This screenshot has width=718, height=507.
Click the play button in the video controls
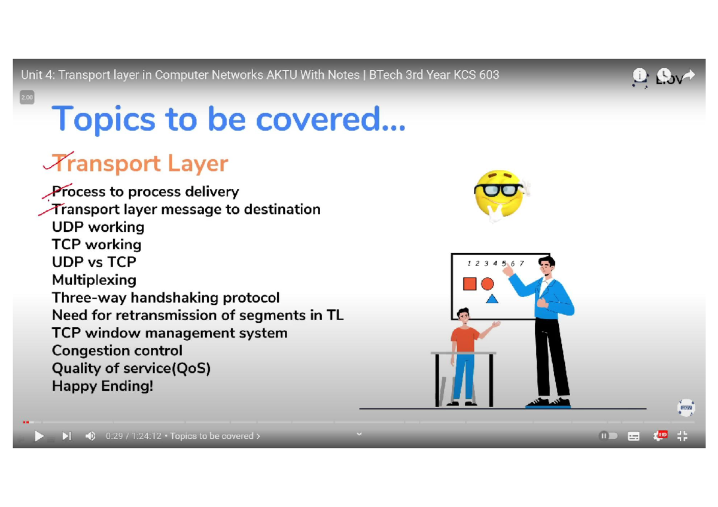[x=39, y=436]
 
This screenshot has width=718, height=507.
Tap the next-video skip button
[x=66, y=436]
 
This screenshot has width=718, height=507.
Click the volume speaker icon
[x=90, y=436]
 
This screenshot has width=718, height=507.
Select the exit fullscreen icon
[x=683, y=436]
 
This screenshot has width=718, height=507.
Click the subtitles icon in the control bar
[x=634, y=436]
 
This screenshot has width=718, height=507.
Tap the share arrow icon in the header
[x=689, y=75]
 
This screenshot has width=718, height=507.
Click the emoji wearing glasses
[x=501, y=194]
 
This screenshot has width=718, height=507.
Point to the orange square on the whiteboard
[x=470, y=284]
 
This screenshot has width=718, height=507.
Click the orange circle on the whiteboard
[x=487, y=284]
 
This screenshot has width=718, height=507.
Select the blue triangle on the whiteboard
[x=492, y=300]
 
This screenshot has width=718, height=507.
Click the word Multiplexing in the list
[x=95, y=280]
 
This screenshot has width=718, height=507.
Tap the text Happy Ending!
[x=102, y=386]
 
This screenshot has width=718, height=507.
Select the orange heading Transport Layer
[x=140, y=163]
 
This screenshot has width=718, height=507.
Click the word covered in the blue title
[x=330, y=120]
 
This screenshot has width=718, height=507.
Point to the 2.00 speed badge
[x=27, y=97]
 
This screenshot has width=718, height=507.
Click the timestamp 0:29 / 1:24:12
[x=133, y=436]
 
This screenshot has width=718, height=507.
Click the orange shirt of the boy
[x=464, y=339]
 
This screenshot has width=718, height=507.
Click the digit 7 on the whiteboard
[x=522, y=263]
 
